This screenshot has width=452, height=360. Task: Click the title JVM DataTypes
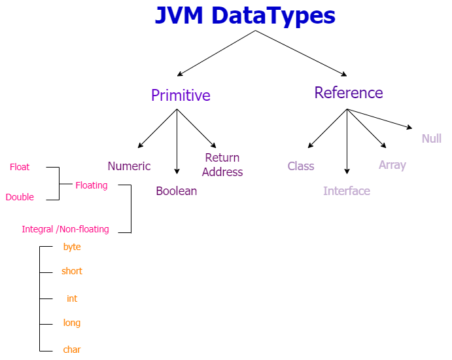[245, 15]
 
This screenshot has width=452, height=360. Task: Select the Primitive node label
[181, 96]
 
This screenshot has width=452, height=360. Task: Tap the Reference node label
[349, 93]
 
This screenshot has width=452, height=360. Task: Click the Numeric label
[129, 166]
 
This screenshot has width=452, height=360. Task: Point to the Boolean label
[176, 191]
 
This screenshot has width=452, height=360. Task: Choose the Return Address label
[222, 165]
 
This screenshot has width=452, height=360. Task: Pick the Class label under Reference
[301, 166]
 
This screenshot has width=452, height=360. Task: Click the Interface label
[347, 191]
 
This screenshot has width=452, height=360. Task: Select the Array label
[392, 165]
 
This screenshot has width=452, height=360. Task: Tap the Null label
[432, 139]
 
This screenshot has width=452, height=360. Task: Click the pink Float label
[20, 167]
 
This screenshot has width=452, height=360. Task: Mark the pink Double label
[20, 197]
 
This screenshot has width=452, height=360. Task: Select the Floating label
[92, 185]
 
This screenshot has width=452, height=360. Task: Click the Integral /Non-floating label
[65, 229]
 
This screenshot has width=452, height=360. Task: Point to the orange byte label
[72, 247]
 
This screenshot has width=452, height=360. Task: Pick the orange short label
[72, 271]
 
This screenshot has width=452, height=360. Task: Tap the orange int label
[72, 298]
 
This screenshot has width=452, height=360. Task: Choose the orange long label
[72, 323]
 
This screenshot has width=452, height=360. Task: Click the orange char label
[72, 350]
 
